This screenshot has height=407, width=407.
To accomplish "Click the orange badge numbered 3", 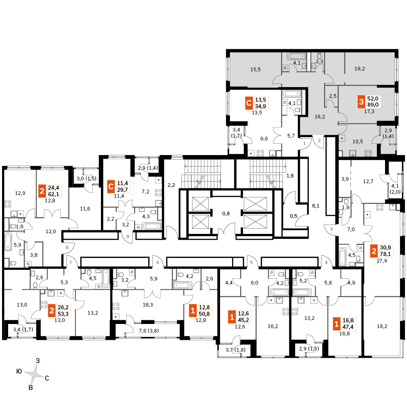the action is [361, 101].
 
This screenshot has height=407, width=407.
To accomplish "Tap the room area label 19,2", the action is [360, 69].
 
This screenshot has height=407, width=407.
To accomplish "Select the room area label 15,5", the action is [256, 69].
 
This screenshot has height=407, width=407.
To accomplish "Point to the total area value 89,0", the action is [373, 105].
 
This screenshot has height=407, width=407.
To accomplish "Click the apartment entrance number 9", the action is [128, 236].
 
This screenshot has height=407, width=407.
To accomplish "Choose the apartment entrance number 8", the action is [67, 247].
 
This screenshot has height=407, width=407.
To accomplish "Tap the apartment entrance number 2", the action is [319, 140].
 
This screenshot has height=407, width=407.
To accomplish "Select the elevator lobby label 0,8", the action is [226, 214].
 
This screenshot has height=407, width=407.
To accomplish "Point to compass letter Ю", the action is [19, 372].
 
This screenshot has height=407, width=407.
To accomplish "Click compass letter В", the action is [31, 387].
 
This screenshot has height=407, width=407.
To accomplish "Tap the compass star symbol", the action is [34, 374].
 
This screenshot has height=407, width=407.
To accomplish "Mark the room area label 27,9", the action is [382, 260].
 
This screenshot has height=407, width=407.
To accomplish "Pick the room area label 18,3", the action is [148, 305].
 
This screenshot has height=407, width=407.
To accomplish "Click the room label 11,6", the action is [85, 209].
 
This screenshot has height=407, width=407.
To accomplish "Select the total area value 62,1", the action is [53, 194].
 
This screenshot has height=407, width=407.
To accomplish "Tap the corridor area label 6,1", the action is [316, 206].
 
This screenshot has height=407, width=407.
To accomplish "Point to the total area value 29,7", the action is [122, 190].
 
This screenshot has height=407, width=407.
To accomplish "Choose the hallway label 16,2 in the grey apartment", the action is [320, 117].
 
